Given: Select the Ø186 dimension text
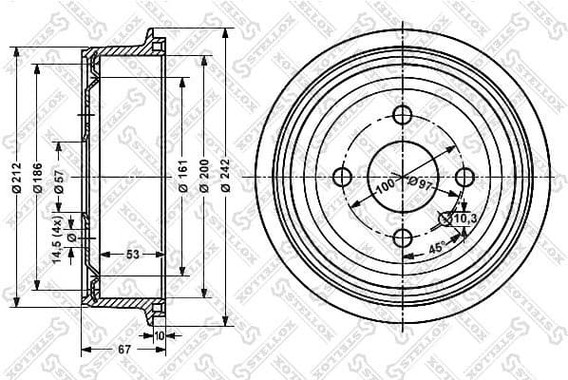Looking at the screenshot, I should tap(38, 178).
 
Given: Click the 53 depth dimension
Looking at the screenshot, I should tap(132, 254).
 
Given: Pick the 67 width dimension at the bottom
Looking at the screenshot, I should tap(124, 350).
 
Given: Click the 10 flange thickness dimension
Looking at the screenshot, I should tap(159, 334).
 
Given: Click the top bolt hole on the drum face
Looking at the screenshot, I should tap(403, 117).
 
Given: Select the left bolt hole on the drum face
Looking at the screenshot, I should tap(342, 178).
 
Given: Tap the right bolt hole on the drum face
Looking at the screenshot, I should tap(464, 178).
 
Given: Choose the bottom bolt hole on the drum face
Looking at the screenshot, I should tap(403, 238).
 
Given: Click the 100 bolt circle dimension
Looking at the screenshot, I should tap(384, 184).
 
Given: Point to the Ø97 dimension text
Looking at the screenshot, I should tap(419, 182).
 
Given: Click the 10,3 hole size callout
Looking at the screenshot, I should tap(463, 219).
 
